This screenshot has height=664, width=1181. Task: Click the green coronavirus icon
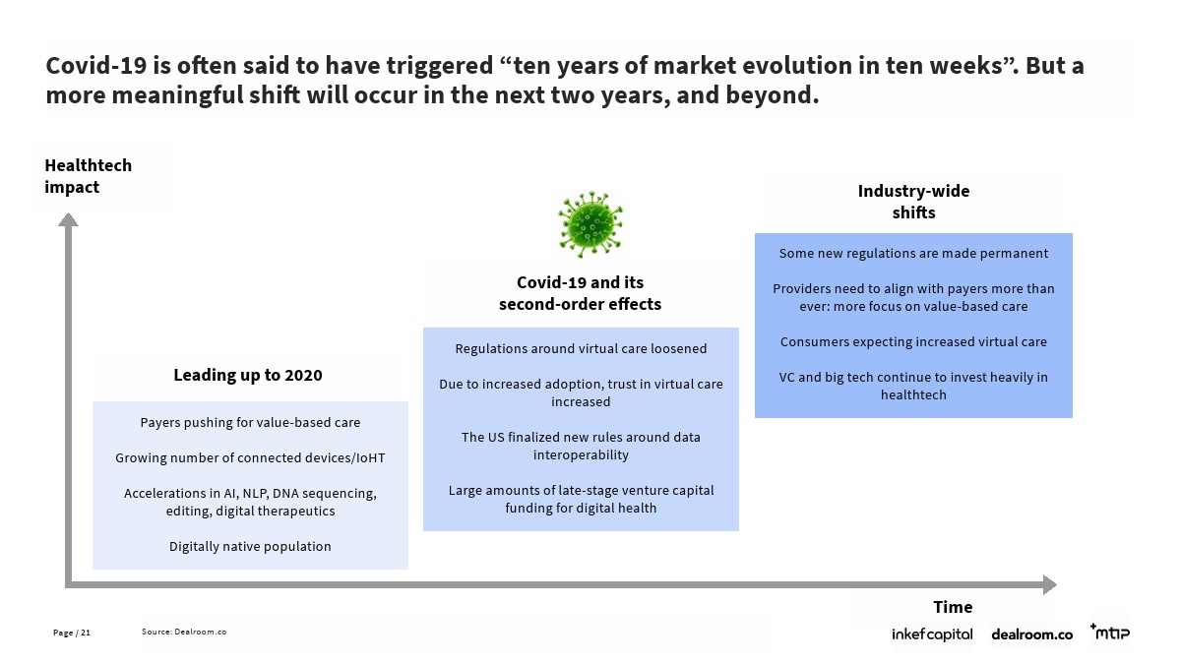[590, 224]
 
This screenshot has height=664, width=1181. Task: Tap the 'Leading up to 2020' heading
[248, 375]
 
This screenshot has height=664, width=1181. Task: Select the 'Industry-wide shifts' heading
[913, 202]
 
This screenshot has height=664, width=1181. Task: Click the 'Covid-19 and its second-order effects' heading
[580, 293]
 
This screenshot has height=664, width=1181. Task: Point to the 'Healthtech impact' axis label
[88, 176]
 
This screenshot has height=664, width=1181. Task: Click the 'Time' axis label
[953, 607]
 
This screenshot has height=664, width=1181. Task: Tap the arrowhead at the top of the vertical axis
[68, 219]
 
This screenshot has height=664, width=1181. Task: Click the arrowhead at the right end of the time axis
[1050, 584]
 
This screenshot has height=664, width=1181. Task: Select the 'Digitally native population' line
[250, 547]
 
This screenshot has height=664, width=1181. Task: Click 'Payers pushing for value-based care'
[250, 423]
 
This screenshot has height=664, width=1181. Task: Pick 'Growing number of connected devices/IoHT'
[250, 458]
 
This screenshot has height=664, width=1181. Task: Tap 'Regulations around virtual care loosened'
[581, 349]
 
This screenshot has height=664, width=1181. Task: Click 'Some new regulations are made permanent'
[913, 254]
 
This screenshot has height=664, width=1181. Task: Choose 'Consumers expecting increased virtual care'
[913, 342]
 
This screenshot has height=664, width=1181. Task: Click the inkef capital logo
[932, 634]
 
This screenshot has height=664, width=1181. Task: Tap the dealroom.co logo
[1031, 634]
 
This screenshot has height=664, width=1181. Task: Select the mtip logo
[1110, 632]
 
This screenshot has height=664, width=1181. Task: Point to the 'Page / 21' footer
[72, 633]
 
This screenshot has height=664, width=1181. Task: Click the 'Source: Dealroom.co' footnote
[184, 632]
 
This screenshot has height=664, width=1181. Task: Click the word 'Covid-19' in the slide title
[96, 66]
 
